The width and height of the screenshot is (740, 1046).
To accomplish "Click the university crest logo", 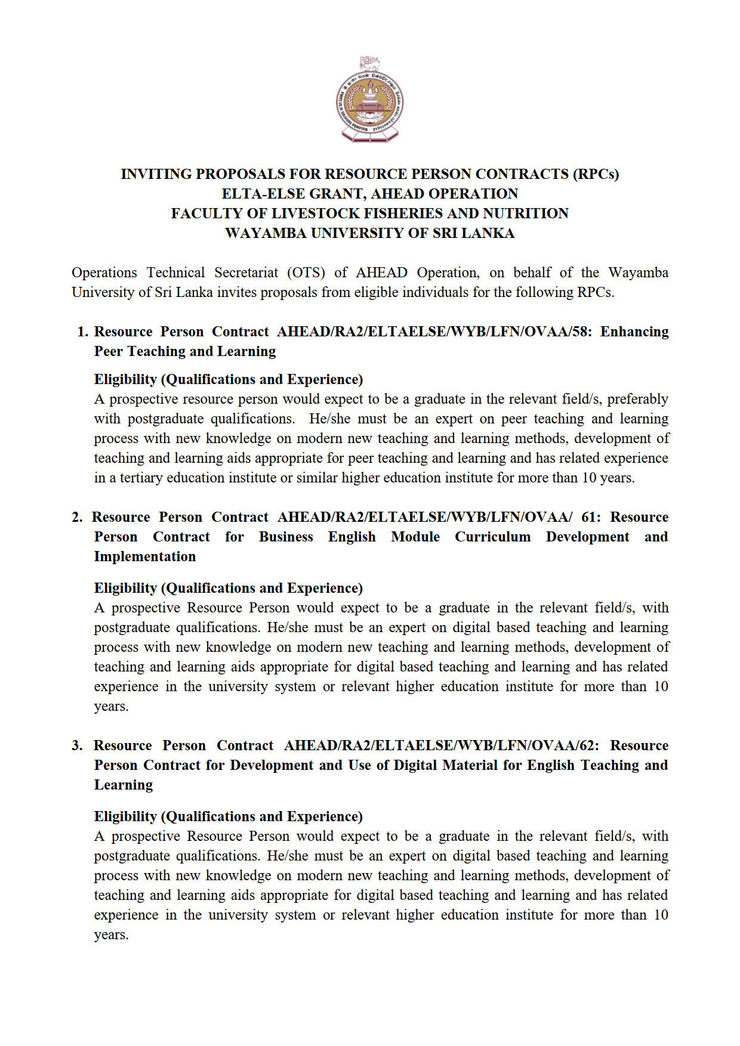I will (x=369, y=100).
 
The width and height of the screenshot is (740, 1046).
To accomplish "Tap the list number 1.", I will (x=82, y=332).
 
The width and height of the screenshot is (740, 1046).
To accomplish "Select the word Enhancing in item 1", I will (x=634, y=332).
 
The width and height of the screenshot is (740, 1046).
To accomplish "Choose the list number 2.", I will (x=77, y=517).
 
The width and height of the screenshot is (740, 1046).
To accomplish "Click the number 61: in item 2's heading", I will (x=591, y=517).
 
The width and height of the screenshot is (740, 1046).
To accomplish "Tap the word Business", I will (x=286, y=537).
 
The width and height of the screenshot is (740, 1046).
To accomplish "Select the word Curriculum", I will (x=492, y=537).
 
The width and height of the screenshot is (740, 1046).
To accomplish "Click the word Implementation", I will (x=145, y=556).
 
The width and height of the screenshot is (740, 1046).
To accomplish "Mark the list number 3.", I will (x=77, y=745).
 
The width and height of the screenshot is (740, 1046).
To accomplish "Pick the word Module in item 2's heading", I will (x=415, y=537).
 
